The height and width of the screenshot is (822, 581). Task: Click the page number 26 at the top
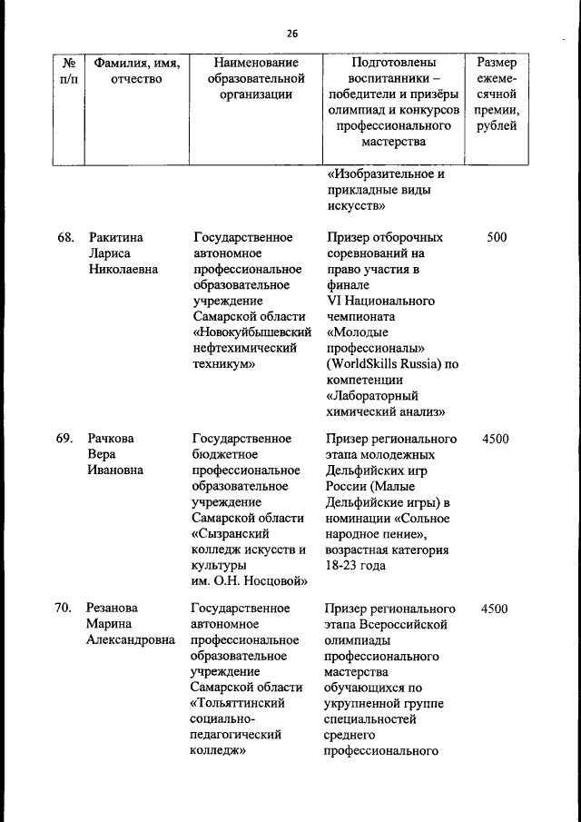point(291,34)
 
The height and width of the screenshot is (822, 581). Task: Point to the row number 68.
point(64,238)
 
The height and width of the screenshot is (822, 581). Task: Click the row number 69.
point(64,439)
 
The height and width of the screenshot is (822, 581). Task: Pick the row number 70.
point(64,608)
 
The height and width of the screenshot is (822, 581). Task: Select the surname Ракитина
point(115,238)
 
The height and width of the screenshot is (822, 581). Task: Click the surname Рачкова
point(111,439)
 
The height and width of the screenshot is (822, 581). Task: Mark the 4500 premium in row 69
point(496,439)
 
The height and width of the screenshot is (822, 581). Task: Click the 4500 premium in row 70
point(496,608)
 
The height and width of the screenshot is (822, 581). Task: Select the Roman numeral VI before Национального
point(332,302)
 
